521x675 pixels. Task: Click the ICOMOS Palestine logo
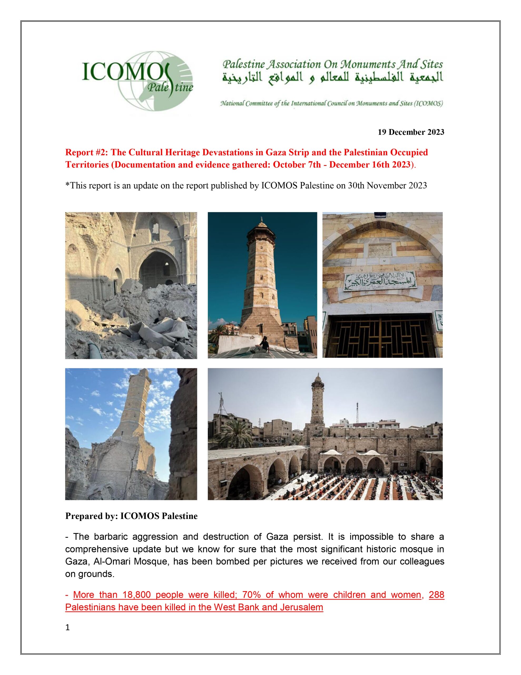(x=137, y=81)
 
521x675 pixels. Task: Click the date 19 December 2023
(x=411, y=132)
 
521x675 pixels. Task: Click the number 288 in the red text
(x=436, y=595)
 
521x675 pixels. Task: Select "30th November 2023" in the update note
(x=387, y=185)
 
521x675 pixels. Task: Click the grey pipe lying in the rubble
(x=96, y=350)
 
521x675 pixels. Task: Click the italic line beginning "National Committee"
(x=331, y=104)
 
